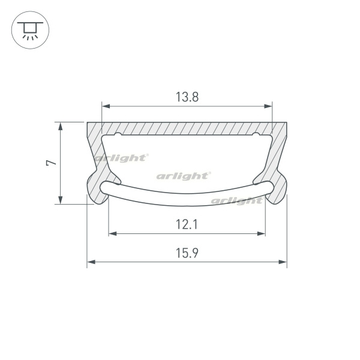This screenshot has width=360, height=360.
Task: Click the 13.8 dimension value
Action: [187, 97]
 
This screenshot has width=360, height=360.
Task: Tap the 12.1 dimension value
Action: [187, 224]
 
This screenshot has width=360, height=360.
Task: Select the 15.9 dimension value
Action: [187, 253]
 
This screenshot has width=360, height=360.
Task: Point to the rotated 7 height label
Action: [51, 163]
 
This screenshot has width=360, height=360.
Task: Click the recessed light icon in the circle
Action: [30, 30]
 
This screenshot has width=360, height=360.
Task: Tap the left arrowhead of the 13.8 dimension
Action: [106, 106]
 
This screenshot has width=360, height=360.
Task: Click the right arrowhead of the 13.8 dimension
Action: [268, 106]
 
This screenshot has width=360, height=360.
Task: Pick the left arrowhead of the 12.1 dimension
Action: [113, 234]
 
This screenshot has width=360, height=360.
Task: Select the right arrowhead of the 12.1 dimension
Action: [261, 234]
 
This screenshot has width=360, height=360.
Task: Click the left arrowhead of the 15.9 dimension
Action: [91, 262]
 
